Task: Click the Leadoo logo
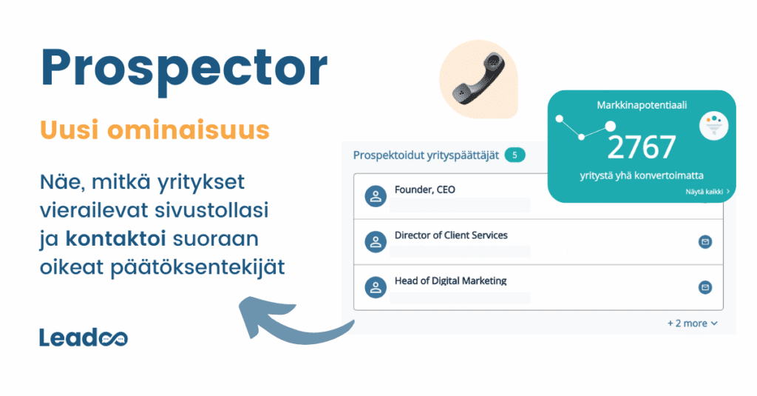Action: pos(83,338)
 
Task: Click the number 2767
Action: pos(641,147)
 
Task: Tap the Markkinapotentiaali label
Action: pos(641,106)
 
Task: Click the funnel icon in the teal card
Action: pos(714,124)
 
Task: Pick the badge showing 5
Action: pos(515,155)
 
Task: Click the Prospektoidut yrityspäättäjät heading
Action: pos(425,155)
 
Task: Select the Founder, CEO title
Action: pos(425,189)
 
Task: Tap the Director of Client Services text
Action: pos(451,235)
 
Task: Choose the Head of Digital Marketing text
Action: pos(450,281)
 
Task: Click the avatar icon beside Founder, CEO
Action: pos(376,196)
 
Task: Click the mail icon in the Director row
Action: pos(705,241)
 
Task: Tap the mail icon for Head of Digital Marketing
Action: pos(705,287)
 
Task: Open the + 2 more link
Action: pos(691,323)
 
